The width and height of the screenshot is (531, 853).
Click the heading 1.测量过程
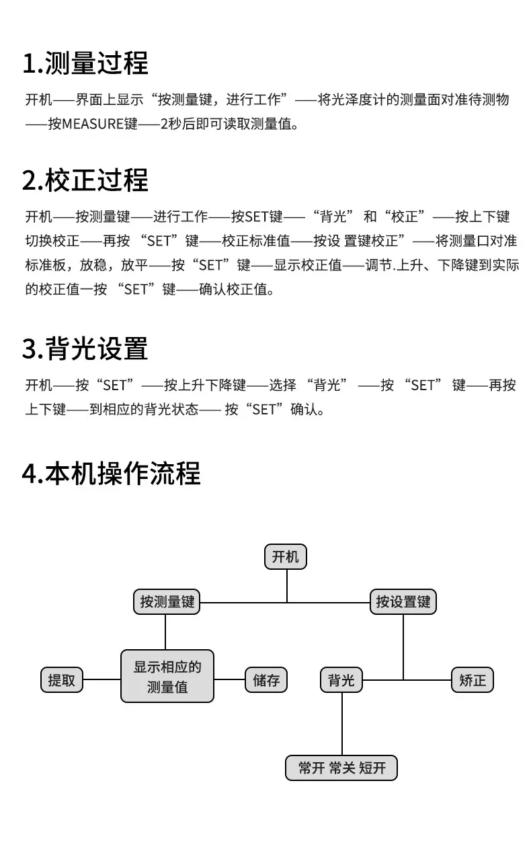[85, 63]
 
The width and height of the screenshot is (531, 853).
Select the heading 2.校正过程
[85, 180]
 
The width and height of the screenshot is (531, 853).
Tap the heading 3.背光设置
[85, 348]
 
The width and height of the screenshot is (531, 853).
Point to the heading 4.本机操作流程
[111, 474]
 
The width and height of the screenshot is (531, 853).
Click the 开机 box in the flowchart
[286, 557]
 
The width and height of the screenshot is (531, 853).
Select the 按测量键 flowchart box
[167, 601]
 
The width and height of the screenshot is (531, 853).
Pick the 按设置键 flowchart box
[403, 601]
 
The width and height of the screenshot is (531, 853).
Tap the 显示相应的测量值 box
[167, 676]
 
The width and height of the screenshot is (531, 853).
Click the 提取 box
[62, 679]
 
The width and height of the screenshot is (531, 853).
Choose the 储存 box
[266, 679]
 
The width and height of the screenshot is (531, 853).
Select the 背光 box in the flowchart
[341, 679]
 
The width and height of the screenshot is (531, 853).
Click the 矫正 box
[473, 679]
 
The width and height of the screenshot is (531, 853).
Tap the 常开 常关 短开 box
[341, 768]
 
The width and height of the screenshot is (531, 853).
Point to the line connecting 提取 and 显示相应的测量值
[102, 679]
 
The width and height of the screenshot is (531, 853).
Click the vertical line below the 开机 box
[287, 586]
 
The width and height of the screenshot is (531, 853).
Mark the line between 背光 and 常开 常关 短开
[342, 724]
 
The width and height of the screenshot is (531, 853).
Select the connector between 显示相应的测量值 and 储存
[229, 679]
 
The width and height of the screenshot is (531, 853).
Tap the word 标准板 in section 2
[46, 265]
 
